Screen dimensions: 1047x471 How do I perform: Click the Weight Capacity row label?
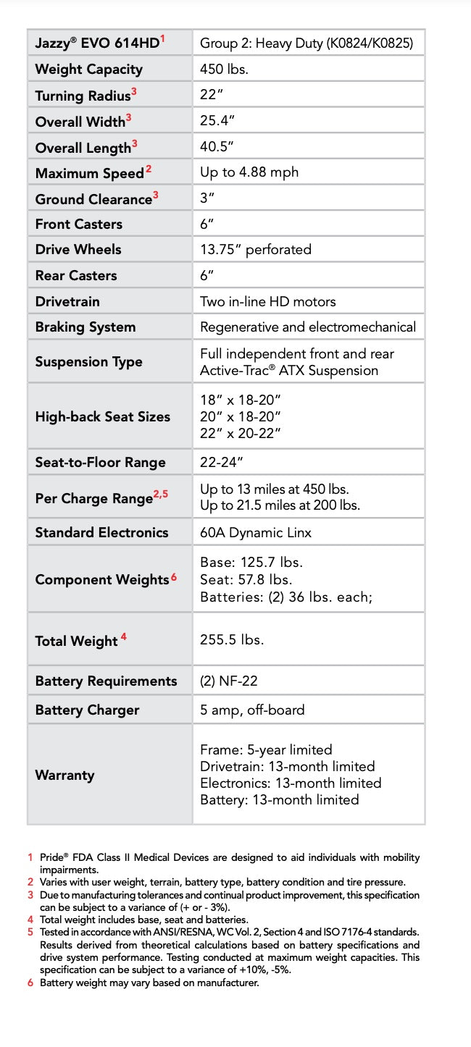pyautogui.click(x=88, y=70)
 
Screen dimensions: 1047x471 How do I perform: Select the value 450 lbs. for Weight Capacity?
pyautogui.click(x=225, y=70)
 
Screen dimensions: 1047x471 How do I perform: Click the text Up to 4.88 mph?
pyautogui.click(x=249, y=172)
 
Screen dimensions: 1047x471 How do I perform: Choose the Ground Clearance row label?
pyautogui.click(x=93, y=199)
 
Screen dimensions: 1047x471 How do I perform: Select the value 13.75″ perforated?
pyautogui.click(x=256, y=249)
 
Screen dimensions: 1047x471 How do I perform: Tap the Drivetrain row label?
pyautogui.click(x=67, y=301)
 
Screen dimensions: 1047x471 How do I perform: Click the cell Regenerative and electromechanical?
pyautogui.click(x=308, y=327)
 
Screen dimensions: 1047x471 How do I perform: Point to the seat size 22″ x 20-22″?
pyautogui.click(x=241, y=433)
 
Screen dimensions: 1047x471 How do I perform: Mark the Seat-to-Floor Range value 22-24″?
pyautogui.click(x=222, y=462)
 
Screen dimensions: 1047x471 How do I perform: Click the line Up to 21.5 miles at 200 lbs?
pyautogui.click(x=280, y=505)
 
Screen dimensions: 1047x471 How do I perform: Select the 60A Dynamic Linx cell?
pyautogui.click(x=256, y=532)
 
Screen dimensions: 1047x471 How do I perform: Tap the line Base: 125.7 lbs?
pyautogui.click(x=251, y=563)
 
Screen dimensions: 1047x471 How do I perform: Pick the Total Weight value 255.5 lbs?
pyautogui.click(x=232, y=640)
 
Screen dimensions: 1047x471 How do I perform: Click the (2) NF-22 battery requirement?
pyautogui.click(x=229, y=681)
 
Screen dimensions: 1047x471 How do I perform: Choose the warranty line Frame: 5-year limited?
pyautogui.click(x=266, y=749)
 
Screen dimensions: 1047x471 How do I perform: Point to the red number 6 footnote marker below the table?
pyautogui.click(x=30, y=983)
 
